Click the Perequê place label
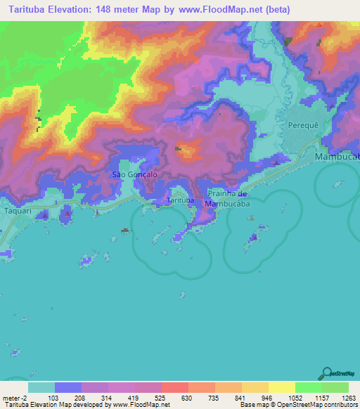coord(304,124)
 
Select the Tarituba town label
coord(181,201)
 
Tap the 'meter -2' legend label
coord(15,397)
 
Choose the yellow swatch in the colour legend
coord(281,387)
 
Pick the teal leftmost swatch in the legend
coord(41,387)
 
